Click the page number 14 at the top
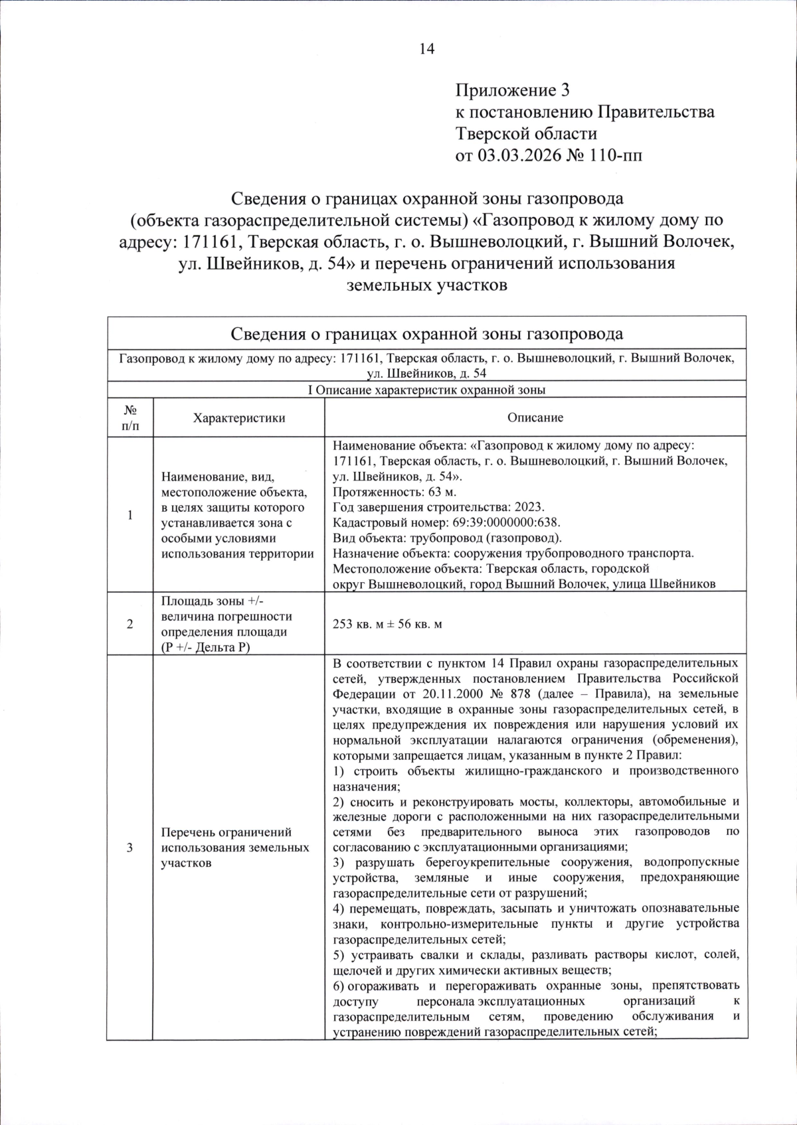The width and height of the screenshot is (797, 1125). pyautogui.click(x=426, y=49)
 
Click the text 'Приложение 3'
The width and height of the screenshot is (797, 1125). pyautogui.click(x=512, y=90)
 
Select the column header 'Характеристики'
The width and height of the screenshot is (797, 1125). pyautogui.click(x=239, y=417)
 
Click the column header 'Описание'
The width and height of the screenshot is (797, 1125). pyautogui.click(x=535, y=417)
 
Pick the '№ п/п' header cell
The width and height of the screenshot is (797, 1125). pyautogui.click(x=130, y=417)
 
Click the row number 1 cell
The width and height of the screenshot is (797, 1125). pyautogui.click(x=130, y=515)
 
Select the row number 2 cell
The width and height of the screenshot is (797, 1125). pyautogui.click(x=130, y=624)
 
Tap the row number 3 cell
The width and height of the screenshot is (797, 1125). pyautogui.click(x=130, y=848)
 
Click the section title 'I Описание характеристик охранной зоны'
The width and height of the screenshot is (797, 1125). pyautogui.click(x=427, y=390)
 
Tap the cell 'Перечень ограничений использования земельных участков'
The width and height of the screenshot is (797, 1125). pyautogui.click(x=235, y=848)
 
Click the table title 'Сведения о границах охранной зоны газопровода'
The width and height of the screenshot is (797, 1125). pyautogui.click(x=427, y=333)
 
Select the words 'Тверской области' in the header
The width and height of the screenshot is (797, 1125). pyautogui.click(x=526, y=133)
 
